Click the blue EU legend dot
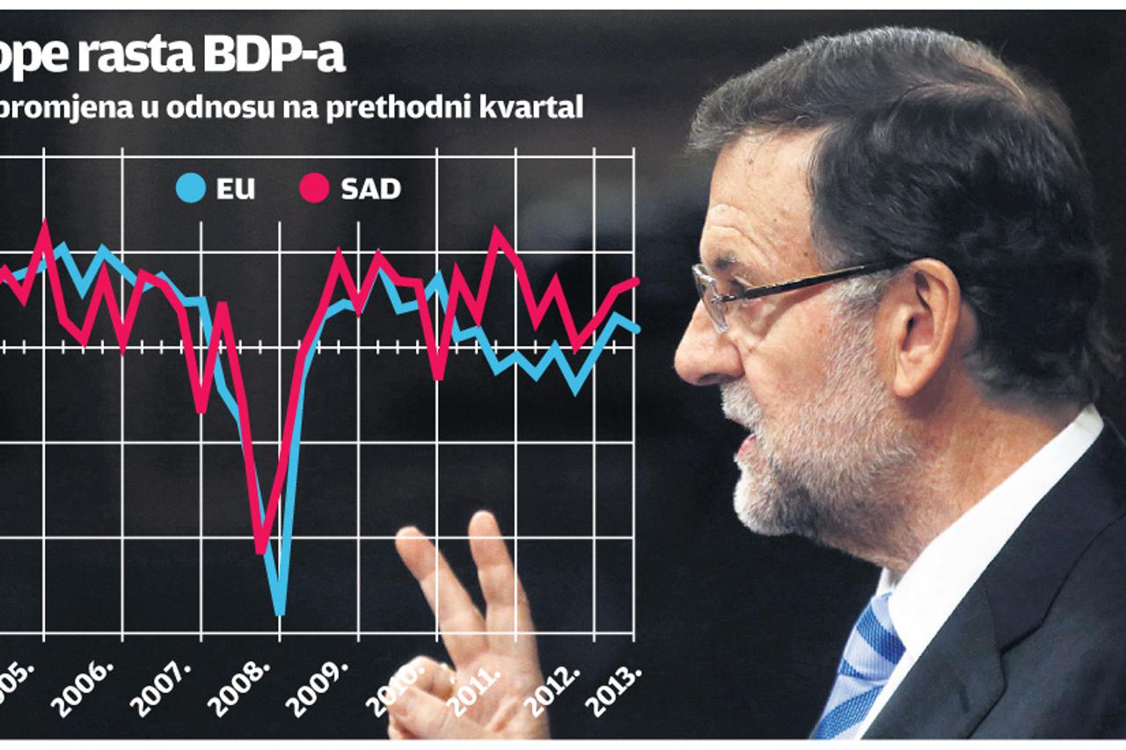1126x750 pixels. [191, 188]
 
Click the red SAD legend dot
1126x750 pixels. [314, 188]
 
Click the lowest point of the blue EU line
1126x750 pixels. [280, 611]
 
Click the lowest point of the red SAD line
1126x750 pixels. [260, 550]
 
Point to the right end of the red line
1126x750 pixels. [635, 280]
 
